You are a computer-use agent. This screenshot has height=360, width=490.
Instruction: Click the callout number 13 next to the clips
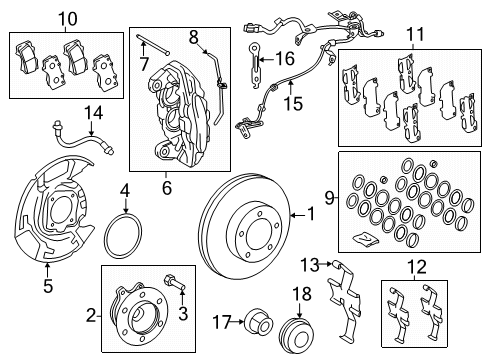click(x=310, y=263)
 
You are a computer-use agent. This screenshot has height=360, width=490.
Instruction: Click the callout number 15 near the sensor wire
click(x=294, y=102)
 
